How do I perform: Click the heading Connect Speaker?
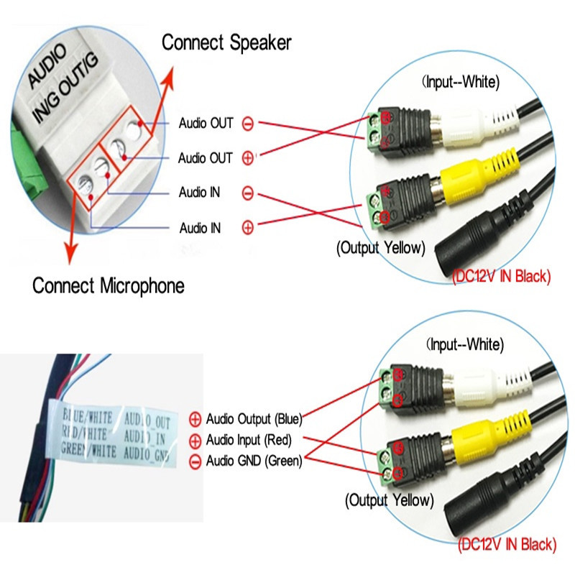pos(226,42)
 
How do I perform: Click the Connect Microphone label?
pos(109,285)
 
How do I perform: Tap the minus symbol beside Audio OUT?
pos(247,124)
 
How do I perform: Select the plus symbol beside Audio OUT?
pos(247,158)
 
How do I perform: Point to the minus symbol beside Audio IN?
pos(247,193)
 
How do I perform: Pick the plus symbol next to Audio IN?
pos(247,228)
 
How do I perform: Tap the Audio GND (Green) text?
pos(254,461)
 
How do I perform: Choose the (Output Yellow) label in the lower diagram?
pos(390,499)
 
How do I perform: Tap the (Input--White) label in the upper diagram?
pos(461,82)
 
